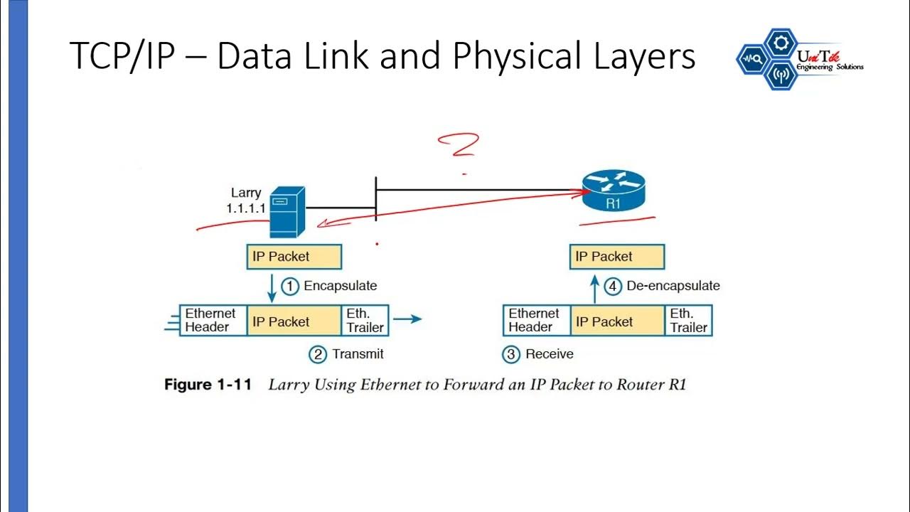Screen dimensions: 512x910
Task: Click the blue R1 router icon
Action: [613, 190]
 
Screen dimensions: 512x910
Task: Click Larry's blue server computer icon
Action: [287, 212]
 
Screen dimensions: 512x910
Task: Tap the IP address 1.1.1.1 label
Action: [246, 208]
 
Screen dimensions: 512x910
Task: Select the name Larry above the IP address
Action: [246, 193]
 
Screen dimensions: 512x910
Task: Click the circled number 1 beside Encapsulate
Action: [290, 286]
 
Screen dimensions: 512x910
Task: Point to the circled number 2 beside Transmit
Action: [318, 353]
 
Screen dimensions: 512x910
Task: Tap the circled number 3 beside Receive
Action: [511, 353]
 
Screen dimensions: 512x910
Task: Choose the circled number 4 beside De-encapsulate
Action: [613, 286]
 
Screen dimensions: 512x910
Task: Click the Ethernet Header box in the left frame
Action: [213, 321]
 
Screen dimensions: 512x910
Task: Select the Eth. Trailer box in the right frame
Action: [689, 321]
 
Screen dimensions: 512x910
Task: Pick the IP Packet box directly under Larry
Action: [294, 257]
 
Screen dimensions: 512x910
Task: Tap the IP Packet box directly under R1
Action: [616, 257]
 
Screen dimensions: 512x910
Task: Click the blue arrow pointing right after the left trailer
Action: [407, 319]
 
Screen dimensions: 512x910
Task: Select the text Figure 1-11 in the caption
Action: [208, 385]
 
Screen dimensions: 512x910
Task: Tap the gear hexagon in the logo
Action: [781, 43]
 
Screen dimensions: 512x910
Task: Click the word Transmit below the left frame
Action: [358, 353]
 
